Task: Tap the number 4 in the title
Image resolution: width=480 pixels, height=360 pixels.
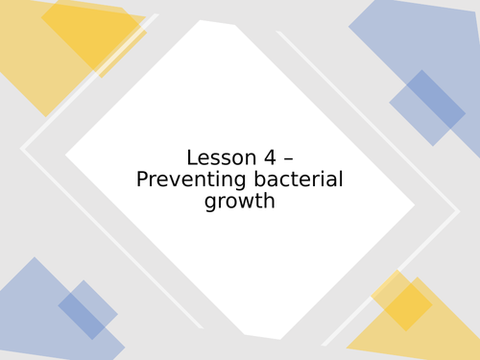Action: click(269, 157)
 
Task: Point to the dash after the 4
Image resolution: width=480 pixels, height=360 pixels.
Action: click(287, 158)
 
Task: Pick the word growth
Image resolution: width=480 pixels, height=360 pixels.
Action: click(240, 202)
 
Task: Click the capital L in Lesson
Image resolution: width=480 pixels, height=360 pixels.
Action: click(192, 157)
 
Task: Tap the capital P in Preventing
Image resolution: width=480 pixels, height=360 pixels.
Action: click(142, 180)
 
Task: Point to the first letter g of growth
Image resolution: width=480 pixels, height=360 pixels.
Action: click(210, 204)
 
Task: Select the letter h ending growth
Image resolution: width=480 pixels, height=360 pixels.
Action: click(270, 201)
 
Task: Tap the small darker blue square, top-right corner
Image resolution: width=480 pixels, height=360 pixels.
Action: click(427, 108)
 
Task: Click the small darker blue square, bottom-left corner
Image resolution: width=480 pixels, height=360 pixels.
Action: click(87, 309)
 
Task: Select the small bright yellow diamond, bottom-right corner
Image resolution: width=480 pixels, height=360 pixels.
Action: click(402, 301)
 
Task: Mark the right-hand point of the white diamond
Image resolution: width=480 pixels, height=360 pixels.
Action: click(413, 204)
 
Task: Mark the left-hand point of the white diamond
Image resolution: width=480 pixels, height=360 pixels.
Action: click(67, 154)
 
